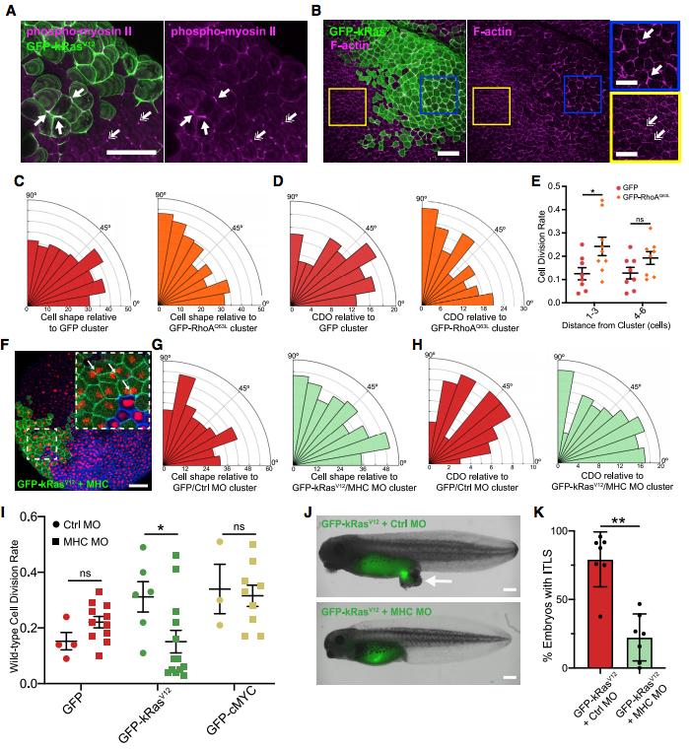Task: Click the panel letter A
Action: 9,11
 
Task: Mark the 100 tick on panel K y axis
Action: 569,531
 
